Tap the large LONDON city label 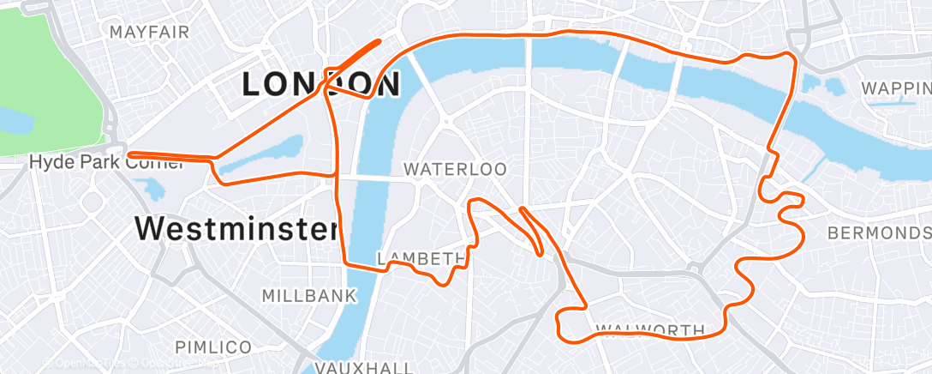point(321,85)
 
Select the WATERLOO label point(455,170)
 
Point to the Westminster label point(236,228)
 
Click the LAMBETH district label point(421,259)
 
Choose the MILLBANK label point(308,296)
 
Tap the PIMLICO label point(213,347)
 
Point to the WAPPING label point(896,88)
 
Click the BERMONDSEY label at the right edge point(879,233)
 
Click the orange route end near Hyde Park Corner point(129,156)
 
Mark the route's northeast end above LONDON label point(378,41)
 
